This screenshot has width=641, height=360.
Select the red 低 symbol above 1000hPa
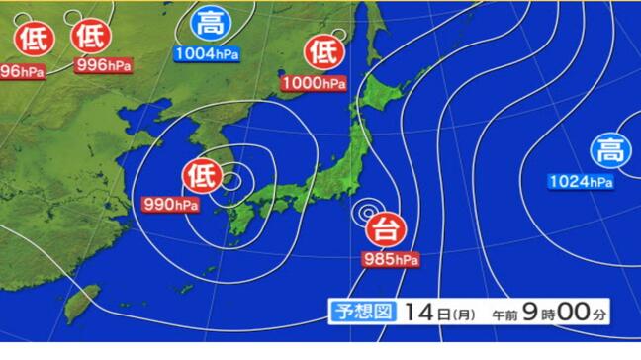(x=323, y=49)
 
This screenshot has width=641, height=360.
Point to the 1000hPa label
(x=314, y=83)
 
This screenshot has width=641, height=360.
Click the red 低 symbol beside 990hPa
(x=199, y=177)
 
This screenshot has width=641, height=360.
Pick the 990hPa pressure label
(x=170, y=205)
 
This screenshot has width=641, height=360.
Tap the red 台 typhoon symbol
(x=383, y=231)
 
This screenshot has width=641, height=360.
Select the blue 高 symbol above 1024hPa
(x=606, y=151)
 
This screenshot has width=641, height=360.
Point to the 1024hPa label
(x=581, y=181)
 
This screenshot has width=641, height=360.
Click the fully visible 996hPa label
(x=104, y=66)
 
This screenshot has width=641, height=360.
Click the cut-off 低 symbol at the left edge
(x=28, y=38)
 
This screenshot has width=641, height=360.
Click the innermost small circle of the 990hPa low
(x=229, y=181)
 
